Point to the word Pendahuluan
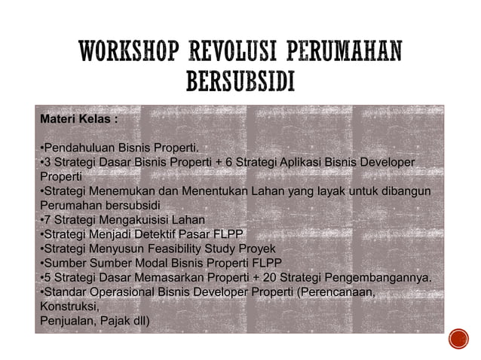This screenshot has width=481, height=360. tap(78, 147)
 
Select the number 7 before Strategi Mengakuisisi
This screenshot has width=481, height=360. tap(47, 219)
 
